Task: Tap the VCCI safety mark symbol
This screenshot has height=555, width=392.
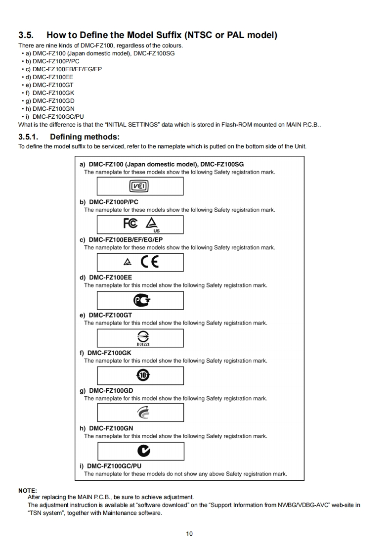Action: point(139,186)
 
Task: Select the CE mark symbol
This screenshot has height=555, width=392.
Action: point(150,262)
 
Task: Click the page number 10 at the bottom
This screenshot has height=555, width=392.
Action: point(189,533)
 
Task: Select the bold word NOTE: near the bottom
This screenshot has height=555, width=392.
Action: point(28,490)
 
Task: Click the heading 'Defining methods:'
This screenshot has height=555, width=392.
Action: point(85,137)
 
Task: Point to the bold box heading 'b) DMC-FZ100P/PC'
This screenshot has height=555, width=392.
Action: point(109,202)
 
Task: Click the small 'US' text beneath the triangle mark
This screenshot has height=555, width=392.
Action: point(157,231)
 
